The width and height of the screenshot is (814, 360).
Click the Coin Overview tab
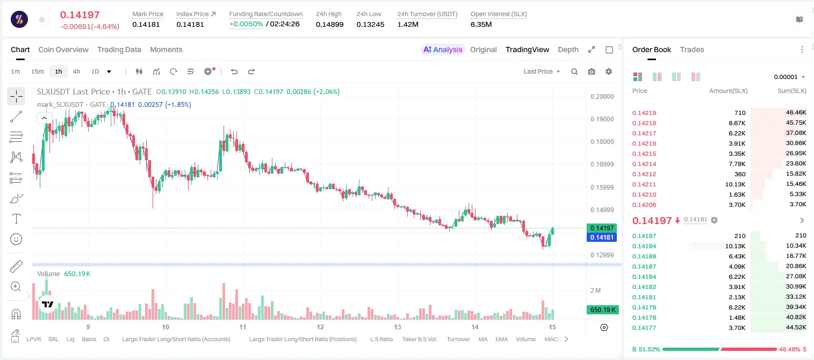(x=63, y=49)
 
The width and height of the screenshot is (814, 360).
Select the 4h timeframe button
(x=76, y=71)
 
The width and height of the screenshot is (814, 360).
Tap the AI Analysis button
(x=443, y=49)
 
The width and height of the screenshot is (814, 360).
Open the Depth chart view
(x=568, y=49)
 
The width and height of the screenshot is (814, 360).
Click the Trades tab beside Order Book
(x=692, y=49)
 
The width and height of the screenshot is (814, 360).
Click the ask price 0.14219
(x=644, y=113)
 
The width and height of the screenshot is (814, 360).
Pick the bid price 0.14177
(x=644, y=328)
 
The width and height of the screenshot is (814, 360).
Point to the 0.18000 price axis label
(x=602, y=142)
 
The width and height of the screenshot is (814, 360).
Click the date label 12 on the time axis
(x=320, y=327)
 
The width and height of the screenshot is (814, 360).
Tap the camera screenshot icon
(x=592, y=71)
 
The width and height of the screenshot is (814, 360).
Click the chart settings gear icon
(x=609, y=71)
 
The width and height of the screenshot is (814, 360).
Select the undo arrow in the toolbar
(x=234, y=71)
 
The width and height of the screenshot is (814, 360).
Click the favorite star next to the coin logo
(x=42, y=19)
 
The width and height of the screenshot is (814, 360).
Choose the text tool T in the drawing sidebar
(x=16, y=219)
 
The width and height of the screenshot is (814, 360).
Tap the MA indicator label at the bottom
(x=483, y=339)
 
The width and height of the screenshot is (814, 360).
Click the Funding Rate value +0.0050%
(x=246, y=24)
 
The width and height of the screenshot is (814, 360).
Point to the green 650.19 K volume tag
(x=603, y=310)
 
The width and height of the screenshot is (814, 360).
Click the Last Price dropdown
(x=542, y=71)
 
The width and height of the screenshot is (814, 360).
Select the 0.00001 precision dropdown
(x=790, y=77)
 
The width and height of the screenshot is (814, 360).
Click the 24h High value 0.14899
(x=329, y=24)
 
